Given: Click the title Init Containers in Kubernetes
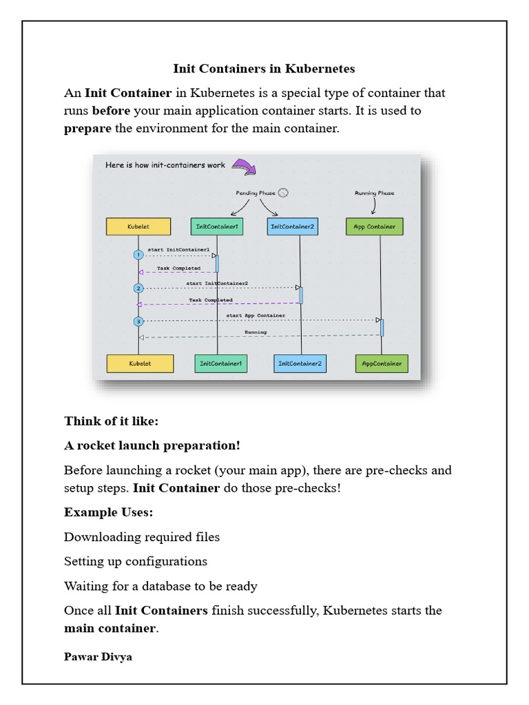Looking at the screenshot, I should (x=264, y=69).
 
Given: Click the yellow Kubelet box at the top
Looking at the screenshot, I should (x=138, y=227).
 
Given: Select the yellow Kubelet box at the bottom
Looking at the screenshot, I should (x=140, y=364).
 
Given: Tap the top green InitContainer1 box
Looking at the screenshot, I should (x=217, y=227).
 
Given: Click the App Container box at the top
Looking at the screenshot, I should (x=375, y=227).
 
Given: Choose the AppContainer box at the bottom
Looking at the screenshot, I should (x=382, y=364).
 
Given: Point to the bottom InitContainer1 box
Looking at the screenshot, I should (x=221, y=364).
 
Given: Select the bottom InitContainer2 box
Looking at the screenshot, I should (x=300, y=364).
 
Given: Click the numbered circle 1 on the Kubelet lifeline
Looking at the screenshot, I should (x=138, y=255).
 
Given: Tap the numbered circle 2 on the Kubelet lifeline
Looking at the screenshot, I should (x=138, y=288).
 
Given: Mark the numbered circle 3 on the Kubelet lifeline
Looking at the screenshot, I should (x=138, y=321).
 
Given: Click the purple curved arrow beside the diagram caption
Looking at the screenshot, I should (x=244, y=166).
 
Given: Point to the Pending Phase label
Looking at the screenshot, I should (x=256, y=193).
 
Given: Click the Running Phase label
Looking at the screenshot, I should (x=375, y=193).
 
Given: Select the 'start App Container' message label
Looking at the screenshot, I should (x=256, y=315).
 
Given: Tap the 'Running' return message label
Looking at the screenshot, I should (x=256, y=332).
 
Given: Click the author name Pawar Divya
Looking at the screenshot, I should (x=98, y=657).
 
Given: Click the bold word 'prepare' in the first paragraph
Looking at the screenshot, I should (x=87, y=129).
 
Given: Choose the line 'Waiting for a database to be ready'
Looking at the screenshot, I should (x=160, y=587).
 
